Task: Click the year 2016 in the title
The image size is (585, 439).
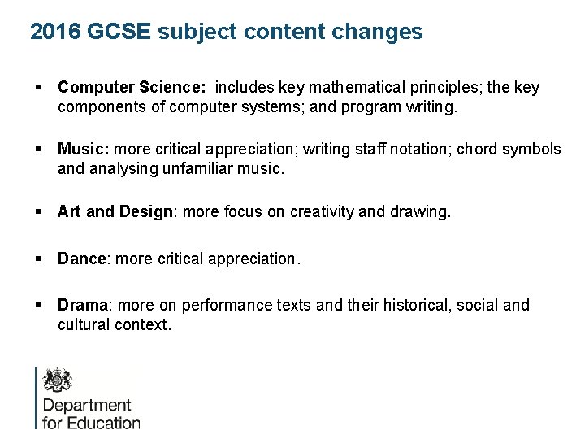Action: click(x=55, y=32)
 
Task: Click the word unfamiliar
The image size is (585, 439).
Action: click(x=171, y=168)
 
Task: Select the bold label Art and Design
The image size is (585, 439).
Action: click(x=115, y=211)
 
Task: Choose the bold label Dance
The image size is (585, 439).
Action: click(x=82, y=259)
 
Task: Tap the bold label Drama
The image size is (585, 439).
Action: click(x=83, y=305)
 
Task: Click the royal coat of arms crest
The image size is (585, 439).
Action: click(x=57, y=380)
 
